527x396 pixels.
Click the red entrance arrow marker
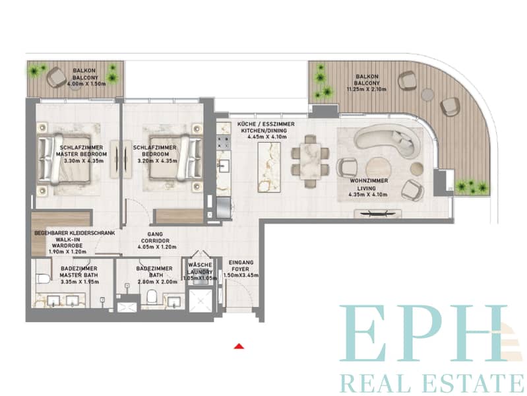tap(239, 346)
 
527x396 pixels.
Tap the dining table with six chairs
tap(310, 161)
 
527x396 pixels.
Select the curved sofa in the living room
tap(387, 141)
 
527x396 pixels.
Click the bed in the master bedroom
tap(64, 159)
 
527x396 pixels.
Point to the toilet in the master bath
tap(44, 279)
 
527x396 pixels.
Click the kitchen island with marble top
tap(269, 167)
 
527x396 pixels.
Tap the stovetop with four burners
tap(224, 143)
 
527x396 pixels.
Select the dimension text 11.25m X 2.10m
tap(366, 90)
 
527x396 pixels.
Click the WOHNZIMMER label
tap(369, 181)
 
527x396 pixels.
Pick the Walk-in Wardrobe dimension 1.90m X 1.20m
tap(67, 251)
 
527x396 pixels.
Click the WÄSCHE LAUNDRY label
tap(200, 269)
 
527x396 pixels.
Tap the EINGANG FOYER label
tap(241, 266)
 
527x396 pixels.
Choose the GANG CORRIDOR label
tap(155, 238)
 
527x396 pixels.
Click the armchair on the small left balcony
tap(57, 77)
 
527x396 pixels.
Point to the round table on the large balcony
tap(428, 94)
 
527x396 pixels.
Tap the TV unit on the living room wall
tap(377, 213)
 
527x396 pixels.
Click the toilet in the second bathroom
tap(152, 296)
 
